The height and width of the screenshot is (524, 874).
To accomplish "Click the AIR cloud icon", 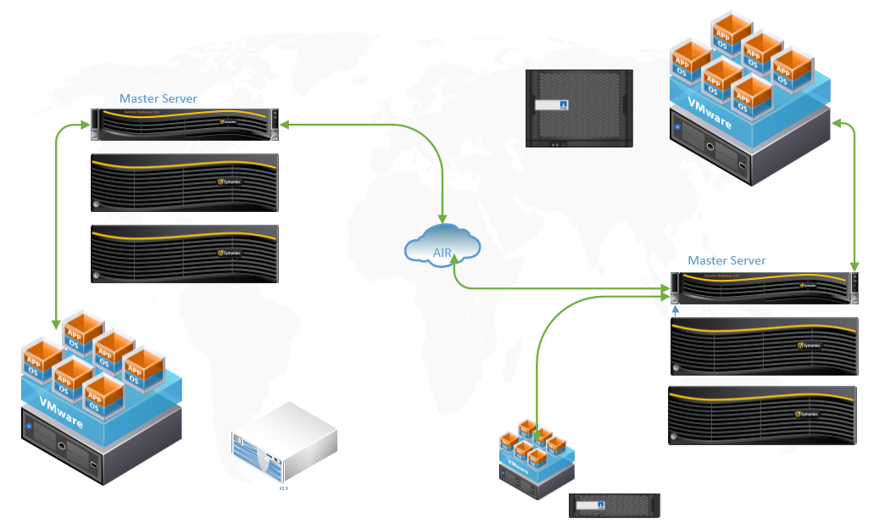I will click(x=443, y=243).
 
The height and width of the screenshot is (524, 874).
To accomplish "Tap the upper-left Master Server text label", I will click(x=159, y=98).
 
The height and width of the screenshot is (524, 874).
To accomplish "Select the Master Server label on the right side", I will click(x=726, y=260).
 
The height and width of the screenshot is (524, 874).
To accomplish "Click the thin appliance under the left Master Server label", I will click(x=185, y=122).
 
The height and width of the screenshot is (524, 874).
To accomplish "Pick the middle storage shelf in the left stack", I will click(x=185, y=181).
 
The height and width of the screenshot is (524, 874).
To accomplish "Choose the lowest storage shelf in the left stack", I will click(x=185, y=253).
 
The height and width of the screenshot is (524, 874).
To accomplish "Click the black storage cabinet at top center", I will click(x=579, y=108).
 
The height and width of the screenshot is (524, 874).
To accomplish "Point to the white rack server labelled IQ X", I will click(x=285, y=445).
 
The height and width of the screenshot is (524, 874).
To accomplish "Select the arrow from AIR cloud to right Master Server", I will click(x=543, y=289).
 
